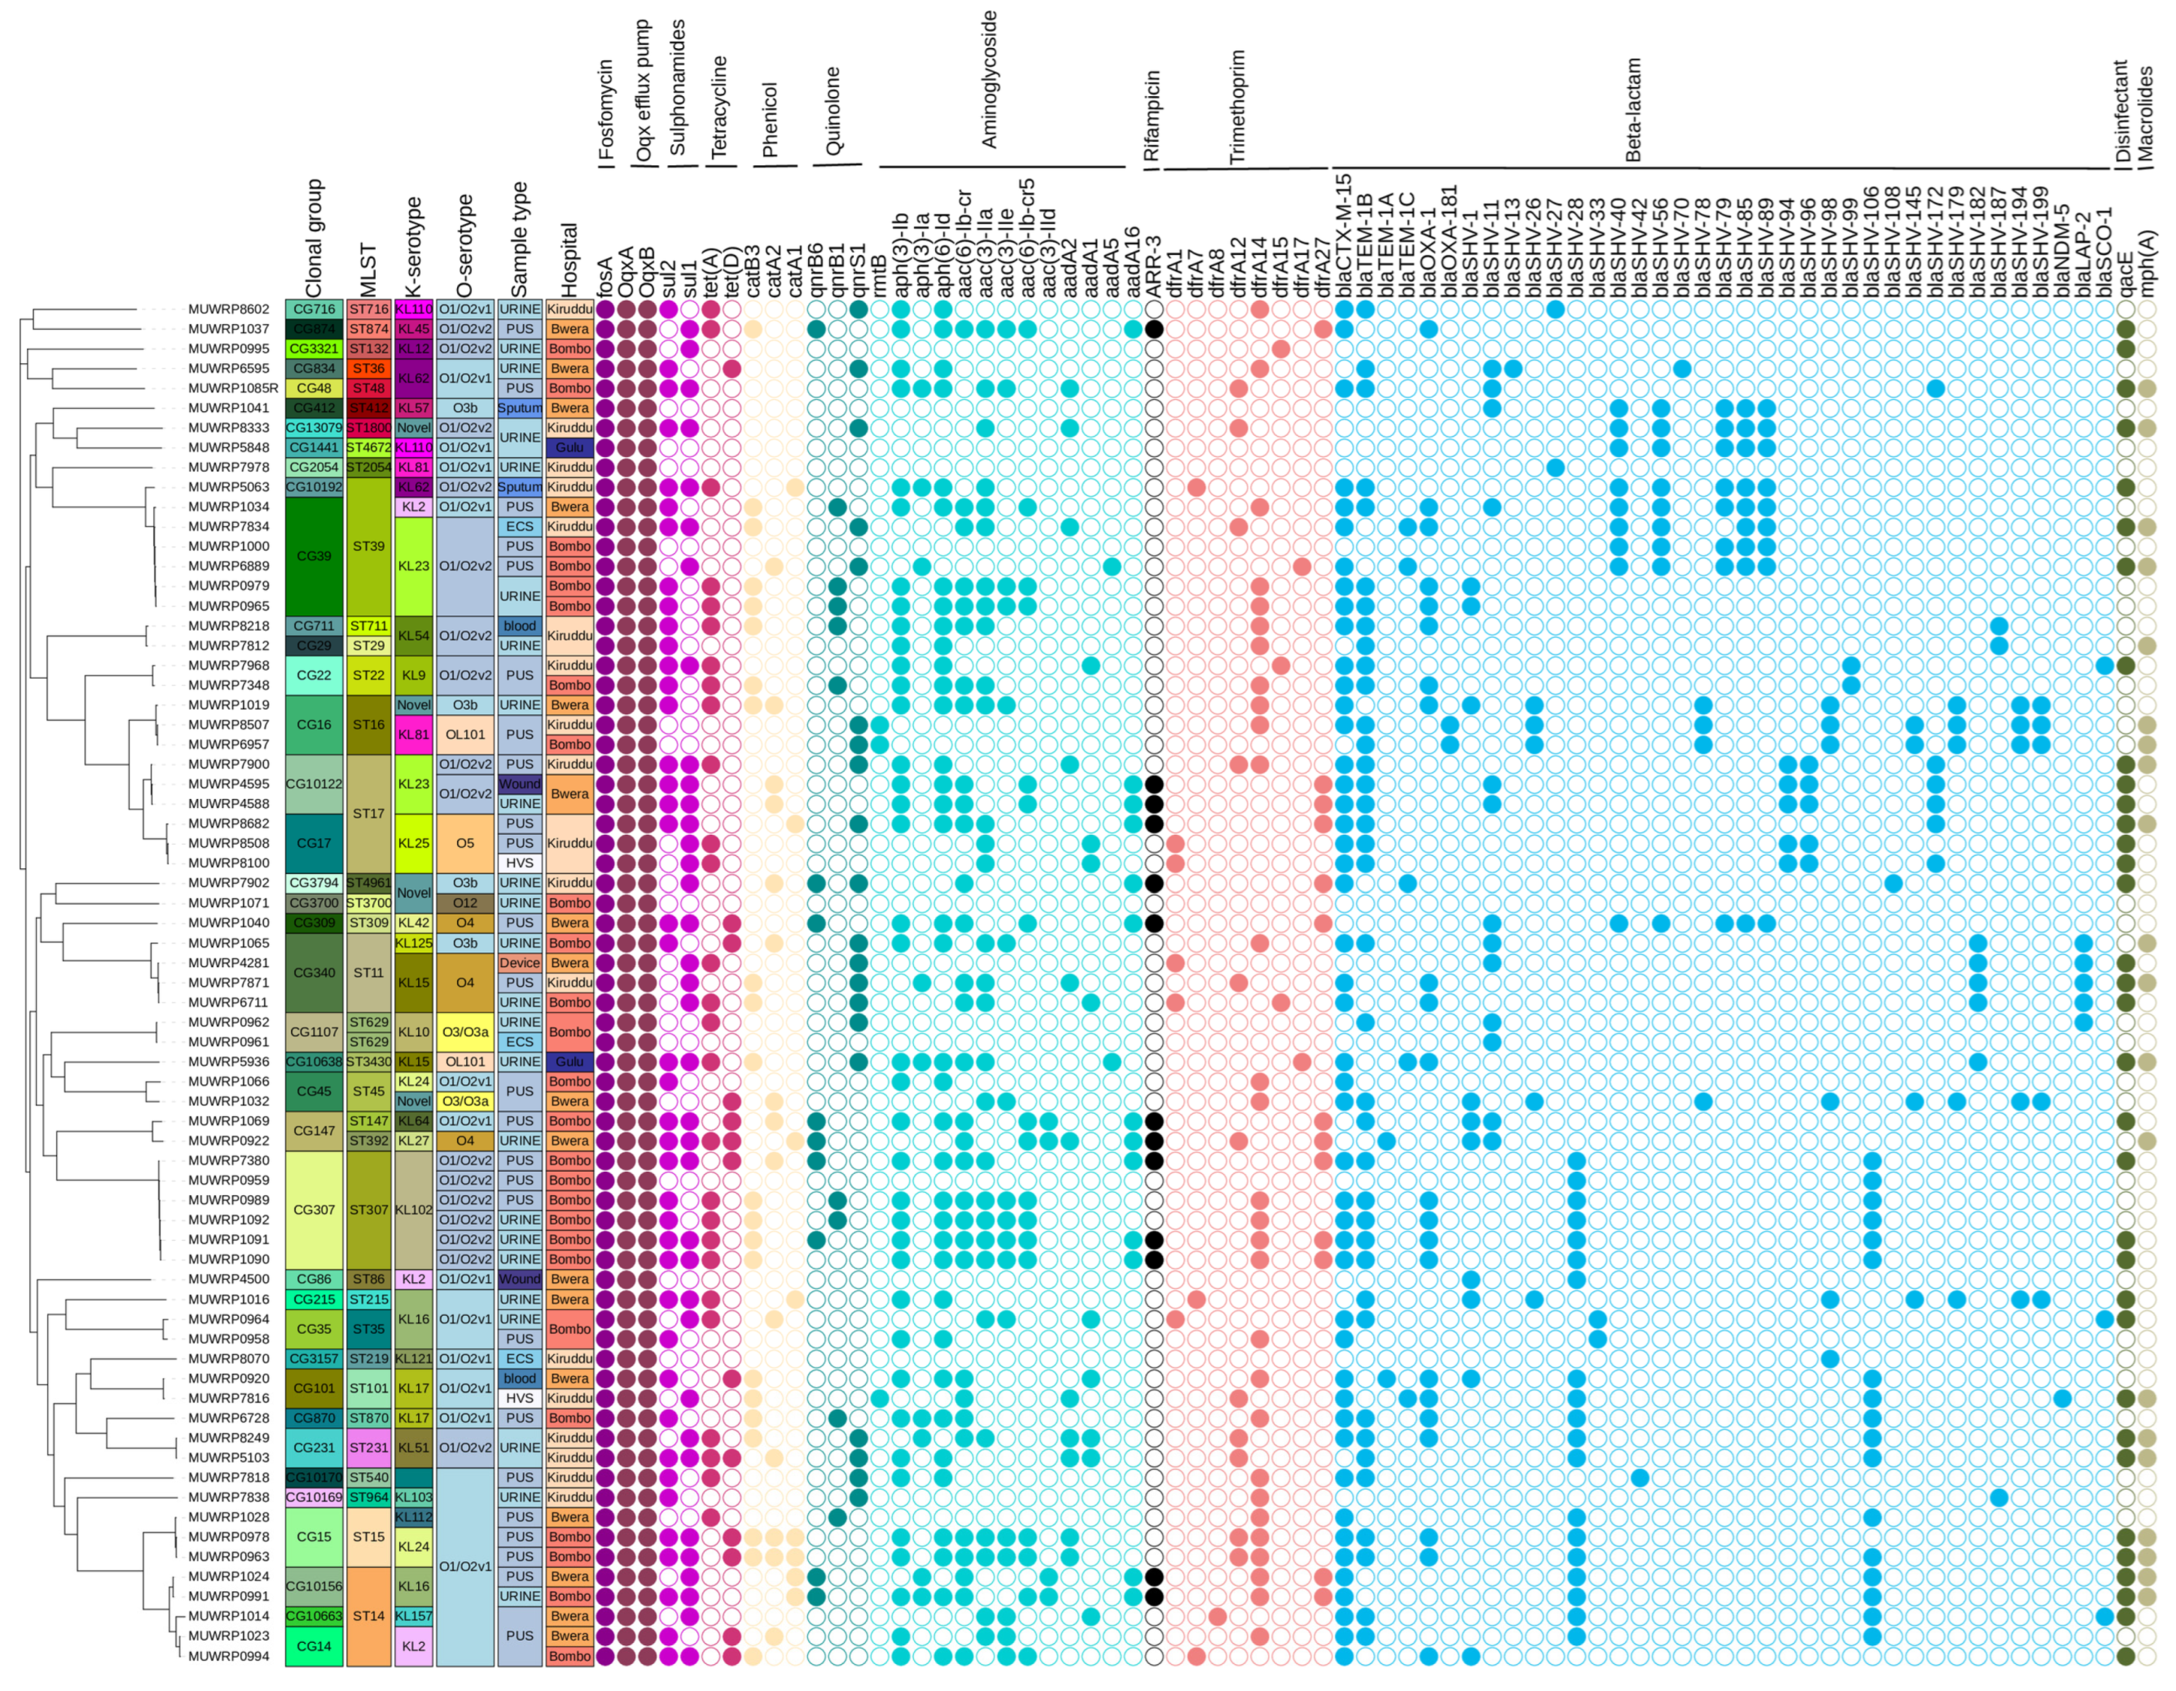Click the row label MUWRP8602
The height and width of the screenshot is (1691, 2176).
(x=228, y=309)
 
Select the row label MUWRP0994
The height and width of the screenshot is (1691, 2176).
(x=228, y=1656)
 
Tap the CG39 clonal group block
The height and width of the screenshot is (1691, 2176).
(x=314, y=556)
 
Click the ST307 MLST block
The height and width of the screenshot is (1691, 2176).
(x=368, y=1210)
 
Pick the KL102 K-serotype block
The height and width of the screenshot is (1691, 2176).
(x=413, y=1210)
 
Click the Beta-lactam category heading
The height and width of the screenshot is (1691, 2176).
(x=1633, y=110)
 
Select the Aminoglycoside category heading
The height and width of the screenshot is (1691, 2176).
(x=989, y=80)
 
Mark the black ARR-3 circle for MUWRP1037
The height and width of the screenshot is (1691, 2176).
(x=1154, y=329)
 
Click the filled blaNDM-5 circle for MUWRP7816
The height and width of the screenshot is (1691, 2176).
(x=2063, y=1398)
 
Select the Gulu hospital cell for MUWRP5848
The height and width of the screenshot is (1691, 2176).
(x=569, y=447)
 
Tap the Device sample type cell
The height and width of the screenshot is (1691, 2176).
(x=519, y=963)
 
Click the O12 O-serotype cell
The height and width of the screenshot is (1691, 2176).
(x=465, y=903)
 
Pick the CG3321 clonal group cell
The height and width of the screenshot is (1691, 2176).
(x=314, y=349)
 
